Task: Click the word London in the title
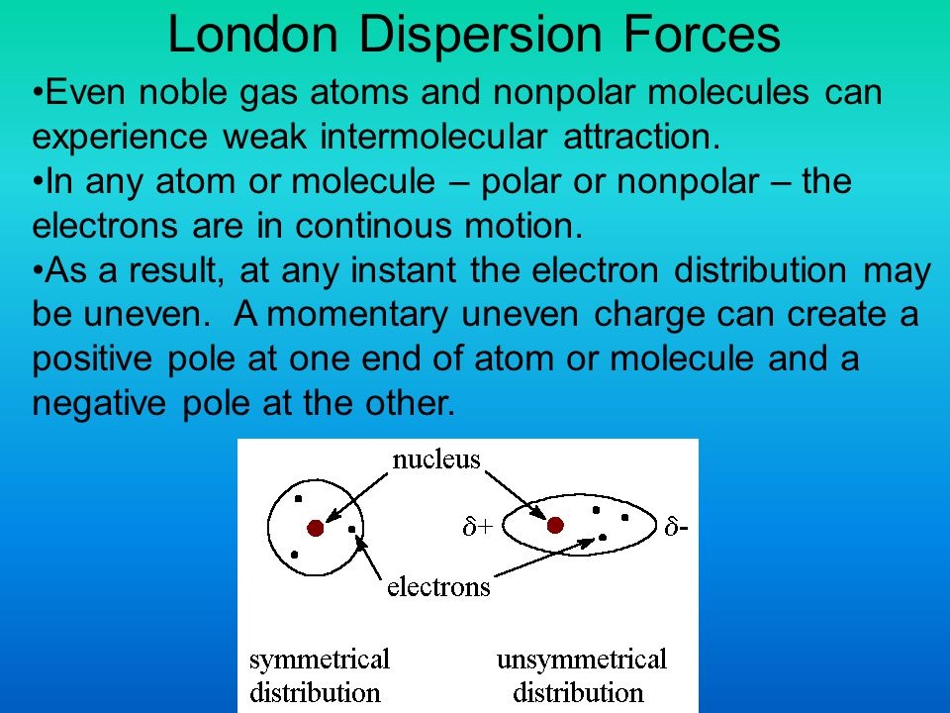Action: tap(252, 34)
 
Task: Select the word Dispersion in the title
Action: tap(480, 36)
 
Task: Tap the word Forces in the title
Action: tap(702, 34)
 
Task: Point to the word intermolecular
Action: tap(433, 136)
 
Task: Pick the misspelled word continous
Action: tap(373, 225)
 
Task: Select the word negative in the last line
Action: tap(99, 403)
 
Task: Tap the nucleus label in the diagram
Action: tap(436, 459)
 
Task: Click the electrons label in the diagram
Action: tap(438, 587)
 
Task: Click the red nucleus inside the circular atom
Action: tap(315, 528)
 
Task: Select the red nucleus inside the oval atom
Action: tap(555, 525)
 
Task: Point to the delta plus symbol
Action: tap(478, 527)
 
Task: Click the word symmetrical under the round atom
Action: tap(320, 661)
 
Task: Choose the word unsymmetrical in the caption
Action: tap(582, 661)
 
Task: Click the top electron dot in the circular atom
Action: tap(298, 499)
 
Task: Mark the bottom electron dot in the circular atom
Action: tap(295, 555)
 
